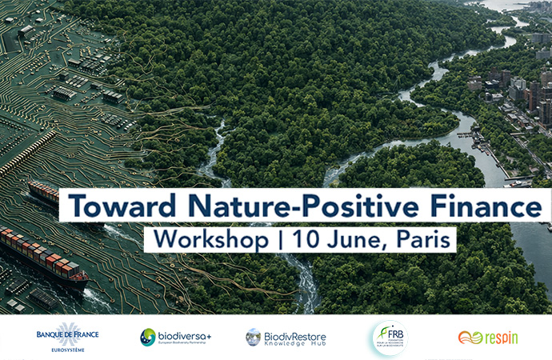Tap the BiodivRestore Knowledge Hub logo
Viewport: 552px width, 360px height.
tap(286, 337)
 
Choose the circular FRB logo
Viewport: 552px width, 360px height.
tap(390, 338)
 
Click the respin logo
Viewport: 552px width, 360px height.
tap(487, 338)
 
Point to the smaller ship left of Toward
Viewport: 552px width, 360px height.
tap(44, 194)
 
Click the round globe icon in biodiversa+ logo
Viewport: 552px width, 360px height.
tap(148, 337)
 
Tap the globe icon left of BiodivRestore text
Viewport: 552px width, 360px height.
tap(253, 337)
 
